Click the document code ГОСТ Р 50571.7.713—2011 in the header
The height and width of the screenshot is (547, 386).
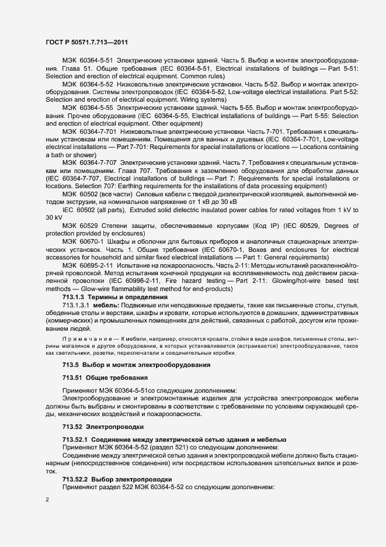(x=87, y=43)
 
